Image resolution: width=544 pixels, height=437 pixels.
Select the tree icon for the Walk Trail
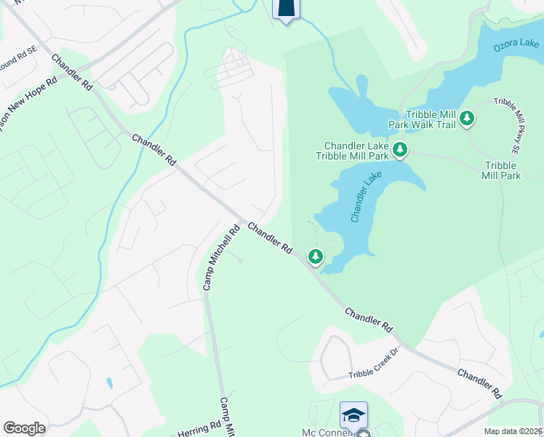[468, 117]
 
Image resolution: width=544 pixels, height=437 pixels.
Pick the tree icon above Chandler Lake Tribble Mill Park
[399, 150]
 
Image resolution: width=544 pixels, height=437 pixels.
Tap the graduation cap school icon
[353, 414]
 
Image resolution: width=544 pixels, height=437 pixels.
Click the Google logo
[24, 428]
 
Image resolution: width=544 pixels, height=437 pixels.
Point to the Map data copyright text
[513, 431]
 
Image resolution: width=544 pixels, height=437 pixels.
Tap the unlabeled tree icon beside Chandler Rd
[315, 256]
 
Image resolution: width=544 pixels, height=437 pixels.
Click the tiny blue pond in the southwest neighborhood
[109, 382]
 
